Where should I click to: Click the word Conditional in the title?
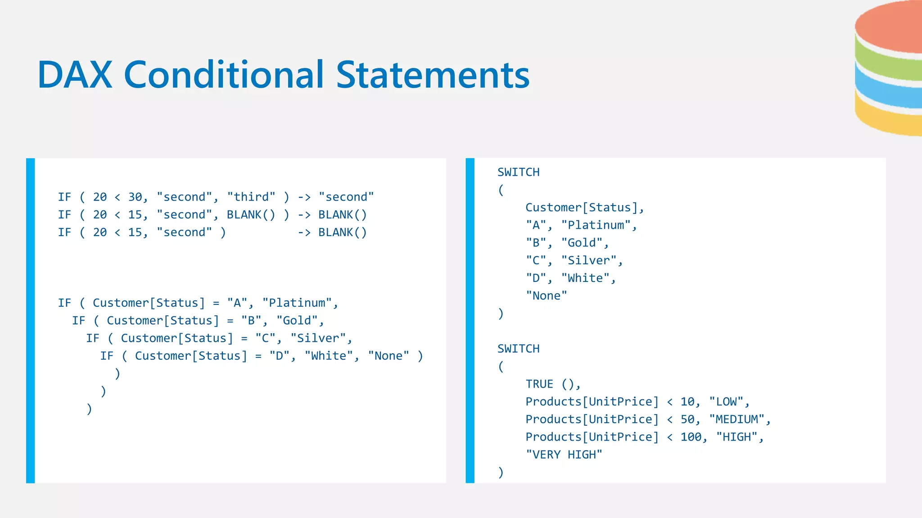point(224,75)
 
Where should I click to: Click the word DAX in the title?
point(75,75)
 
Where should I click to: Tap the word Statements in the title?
point(433,75)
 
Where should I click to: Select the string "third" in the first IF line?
point(251,197)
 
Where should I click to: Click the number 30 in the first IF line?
point(135,197)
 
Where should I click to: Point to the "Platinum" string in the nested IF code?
point(297,303)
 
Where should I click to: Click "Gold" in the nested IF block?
point(297,321)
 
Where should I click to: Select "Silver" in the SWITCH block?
point(589,260)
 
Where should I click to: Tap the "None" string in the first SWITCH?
point(547,296)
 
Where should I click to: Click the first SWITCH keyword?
point(518,172)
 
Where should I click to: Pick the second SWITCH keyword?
point(518,349)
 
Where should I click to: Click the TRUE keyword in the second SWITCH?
point(539,384)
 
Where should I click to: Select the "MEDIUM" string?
point(737,420)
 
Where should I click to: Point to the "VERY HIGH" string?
point(564,455)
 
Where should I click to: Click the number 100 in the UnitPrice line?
point(691,437)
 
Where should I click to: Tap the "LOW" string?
point(726,402)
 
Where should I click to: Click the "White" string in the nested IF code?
point(329,356)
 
